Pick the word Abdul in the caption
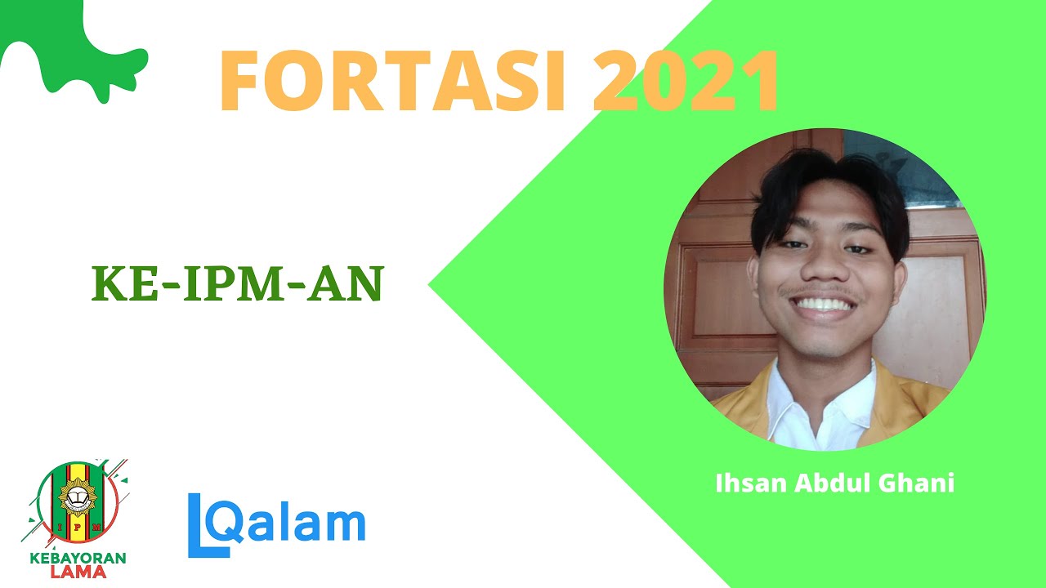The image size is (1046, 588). click(826, 483)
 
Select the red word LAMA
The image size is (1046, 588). click(78, 572)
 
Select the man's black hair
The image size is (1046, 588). click(825, 184)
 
